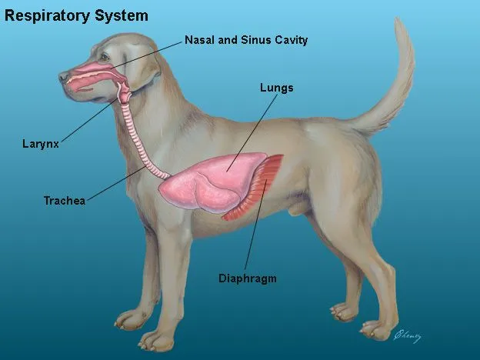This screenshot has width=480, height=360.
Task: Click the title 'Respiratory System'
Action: [76, 15]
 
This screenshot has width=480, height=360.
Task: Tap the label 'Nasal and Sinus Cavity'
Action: [245, 40]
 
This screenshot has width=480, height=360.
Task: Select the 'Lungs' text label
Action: [277, 88]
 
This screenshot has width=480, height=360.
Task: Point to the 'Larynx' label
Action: [40, 143]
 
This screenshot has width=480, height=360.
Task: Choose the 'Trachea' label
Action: [64, 201]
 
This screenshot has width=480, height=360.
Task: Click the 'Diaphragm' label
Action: [247, 278]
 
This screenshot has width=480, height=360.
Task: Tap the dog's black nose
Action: [64, 77]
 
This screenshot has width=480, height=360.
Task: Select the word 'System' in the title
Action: [122, 15]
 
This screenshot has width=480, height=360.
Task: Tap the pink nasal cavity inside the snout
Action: [92, 72]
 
